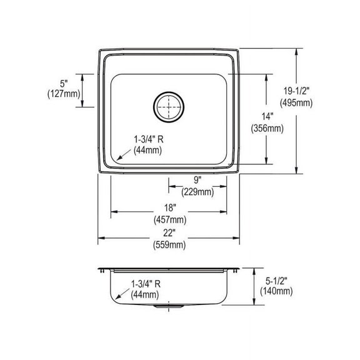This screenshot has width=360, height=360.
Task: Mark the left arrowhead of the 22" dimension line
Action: click(100, 237)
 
